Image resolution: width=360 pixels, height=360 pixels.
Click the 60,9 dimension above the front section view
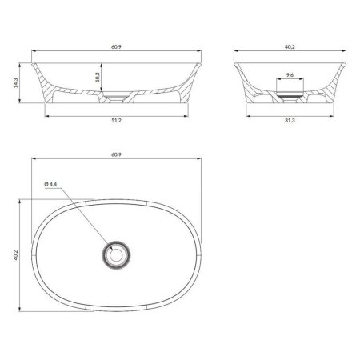click(x=116, y=47)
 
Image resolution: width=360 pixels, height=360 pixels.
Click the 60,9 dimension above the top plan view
click(x=116, y=154)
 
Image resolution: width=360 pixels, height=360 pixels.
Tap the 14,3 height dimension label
click(x=16, y=83)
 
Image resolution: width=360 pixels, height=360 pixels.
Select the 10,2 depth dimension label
click(x=97, y=77)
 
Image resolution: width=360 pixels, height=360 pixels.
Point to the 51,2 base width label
click(x=116, y=121)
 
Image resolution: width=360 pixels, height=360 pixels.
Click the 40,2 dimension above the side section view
click(x=290, y=47)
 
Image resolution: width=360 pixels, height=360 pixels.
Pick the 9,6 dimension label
click(x=290, y=75)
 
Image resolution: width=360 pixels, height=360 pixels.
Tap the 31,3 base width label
click(x=290, y=121)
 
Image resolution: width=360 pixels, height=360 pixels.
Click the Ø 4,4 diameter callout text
click(x=51, y=184)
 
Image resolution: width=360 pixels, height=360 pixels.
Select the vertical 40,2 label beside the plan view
click(x=16, y=255)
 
